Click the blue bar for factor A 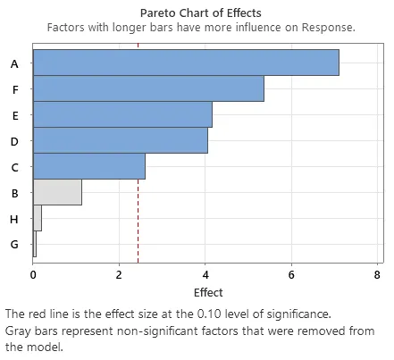point(186,63)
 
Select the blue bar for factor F point(148,89)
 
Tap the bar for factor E point(122,115)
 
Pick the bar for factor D point(121,141)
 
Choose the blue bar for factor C point(89,167)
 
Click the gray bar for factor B point(57,192)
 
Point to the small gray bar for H point(38,218)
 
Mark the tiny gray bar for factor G point(35,244)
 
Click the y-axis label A point(14,63)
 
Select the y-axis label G point(14,244)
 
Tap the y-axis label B point(14,192)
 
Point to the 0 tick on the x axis point(33,275)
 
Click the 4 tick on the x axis point(205,275)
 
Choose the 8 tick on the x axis point(378,275)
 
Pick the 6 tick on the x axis point(292,275)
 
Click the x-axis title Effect point(208,292)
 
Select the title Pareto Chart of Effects point(200,13)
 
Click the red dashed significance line point(138,214)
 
